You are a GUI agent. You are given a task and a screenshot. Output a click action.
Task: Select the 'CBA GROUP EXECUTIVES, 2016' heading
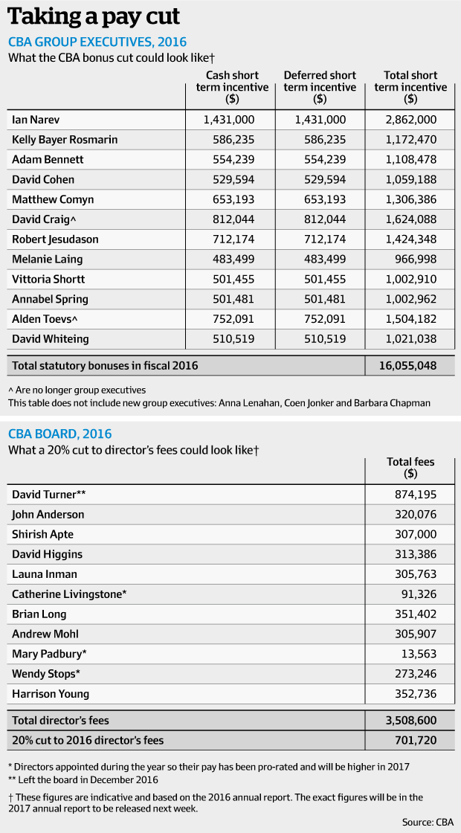(x=97, y=42)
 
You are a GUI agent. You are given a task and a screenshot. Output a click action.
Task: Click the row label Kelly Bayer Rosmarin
(x=65, y=139)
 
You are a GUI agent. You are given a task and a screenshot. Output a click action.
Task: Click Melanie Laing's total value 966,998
(x=416, y=259)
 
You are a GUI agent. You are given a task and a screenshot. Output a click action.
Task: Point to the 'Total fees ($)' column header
(x=410, y=468)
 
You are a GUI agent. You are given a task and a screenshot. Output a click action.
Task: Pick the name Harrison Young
(x=51, y=694)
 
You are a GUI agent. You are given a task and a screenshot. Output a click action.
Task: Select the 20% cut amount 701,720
(x=415, y=740)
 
